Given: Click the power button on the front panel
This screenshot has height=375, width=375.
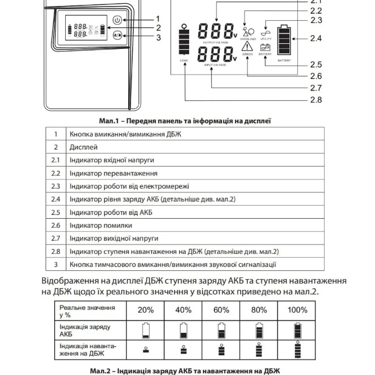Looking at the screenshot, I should coord(116,20).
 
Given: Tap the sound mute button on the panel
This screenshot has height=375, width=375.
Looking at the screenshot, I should coord(116,36).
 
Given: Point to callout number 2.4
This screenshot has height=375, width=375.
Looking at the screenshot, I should coord(315,38).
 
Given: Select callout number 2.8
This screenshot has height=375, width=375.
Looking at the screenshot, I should coord(315,99).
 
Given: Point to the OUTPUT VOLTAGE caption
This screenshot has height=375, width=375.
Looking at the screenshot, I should coord(215,42).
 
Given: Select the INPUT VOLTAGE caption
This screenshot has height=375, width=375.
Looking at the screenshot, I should coord(215,64).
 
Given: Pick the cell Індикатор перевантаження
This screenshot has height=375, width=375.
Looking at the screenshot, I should coord(105,173).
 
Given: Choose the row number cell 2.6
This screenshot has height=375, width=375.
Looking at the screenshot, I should coord(55,225).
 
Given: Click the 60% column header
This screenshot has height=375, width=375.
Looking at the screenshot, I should coord(221,310).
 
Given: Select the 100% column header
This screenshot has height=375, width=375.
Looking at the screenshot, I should coord(297,310).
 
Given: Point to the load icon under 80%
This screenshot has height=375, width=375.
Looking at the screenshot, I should coord(259,350).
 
